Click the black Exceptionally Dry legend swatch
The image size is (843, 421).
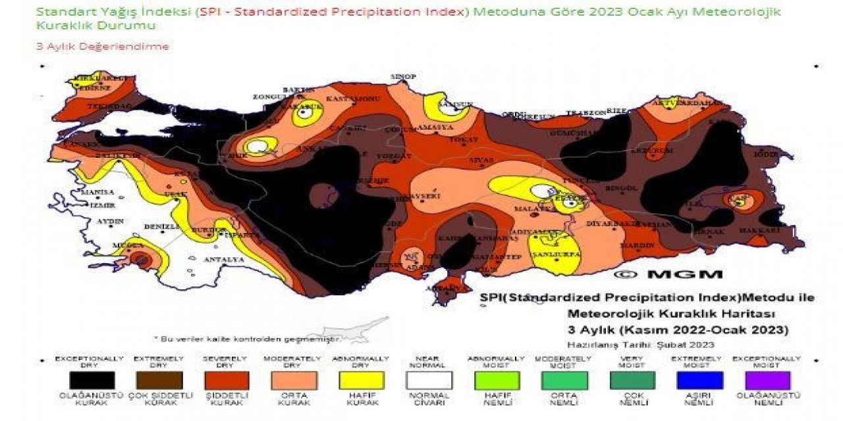92,380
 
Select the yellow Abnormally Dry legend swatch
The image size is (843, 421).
362,380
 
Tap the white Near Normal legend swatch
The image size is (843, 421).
429,380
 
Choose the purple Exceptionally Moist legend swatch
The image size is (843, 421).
766,380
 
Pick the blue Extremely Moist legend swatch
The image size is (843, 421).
699,380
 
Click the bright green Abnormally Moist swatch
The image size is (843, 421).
497,380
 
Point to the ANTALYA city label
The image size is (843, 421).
224,260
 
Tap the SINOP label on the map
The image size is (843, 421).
403,77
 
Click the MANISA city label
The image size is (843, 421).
97,192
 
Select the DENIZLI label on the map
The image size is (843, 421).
161,226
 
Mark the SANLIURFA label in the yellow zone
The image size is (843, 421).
555,253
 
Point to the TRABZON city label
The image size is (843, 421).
586,113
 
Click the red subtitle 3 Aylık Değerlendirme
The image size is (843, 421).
102,47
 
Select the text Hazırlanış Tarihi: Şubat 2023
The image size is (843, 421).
640,344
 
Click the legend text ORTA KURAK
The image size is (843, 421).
294,399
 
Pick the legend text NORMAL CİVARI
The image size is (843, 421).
429,399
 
